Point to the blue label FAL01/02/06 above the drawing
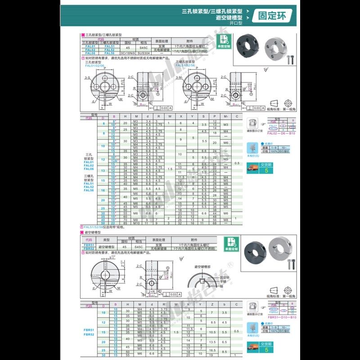pos(94,65)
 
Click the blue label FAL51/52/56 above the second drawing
pos(185,65)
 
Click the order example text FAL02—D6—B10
pos(281,133)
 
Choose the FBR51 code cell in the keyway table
pos(89,245)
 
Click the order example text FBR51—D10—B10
pos(281,317)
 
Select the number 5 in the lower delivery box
pos(267,349)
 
